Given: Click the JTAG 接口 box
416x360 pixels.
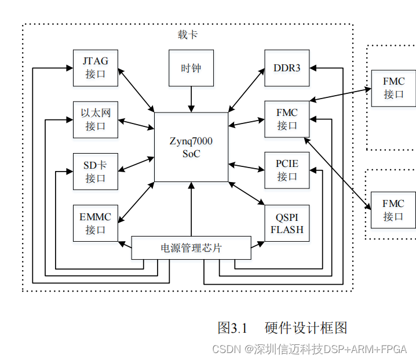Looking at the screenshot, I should point(95,68).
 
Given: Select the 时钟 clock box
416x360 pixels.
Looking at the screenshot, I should point(191,68).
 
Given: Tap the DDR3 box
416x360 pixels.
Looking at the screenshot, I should point(287,68).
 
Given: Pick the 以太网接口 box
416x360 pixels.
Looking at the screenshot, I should point(95,119).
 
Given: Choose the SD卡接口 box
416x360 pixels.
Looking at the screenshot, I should point(95,171).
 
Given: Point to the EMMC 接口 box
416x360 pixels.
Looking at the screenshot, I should point(95,223).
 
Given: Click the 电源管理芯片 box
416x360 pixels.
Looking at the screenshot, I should point(191,248).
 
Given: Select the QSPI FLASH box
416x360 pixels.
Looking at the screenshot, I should point(287,223).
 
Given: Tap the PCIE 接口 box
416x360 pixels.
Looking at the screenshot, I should point(287,170).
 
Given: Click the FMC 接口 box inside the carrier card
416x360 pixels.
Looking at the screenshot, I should point(287,119).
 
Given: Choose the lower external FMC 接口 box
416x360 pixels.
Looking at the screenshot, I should point(393,210).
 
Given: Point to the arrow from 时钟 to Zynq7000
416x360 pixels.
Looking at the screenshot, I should point(191,99).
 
